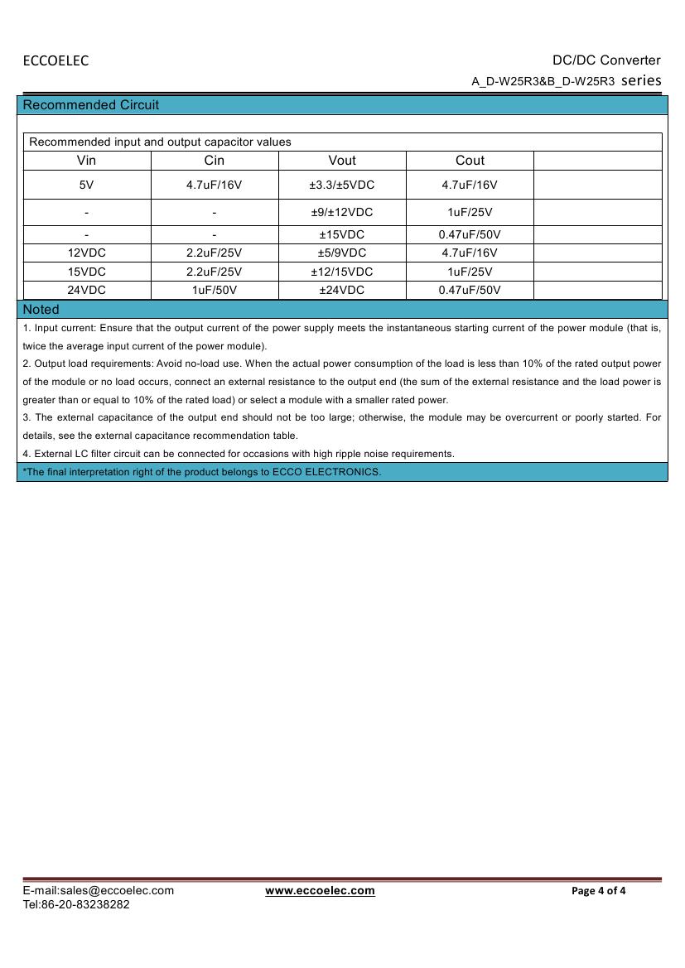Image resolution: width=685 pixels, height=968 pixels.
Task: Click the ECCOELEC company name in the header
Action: tap(55, 60)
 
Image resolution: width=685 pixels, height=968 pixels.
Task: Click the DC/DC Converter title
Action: tap(606, 60)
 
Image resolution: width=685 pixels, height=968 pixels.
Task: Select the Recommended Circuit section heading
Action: tap(91, 105)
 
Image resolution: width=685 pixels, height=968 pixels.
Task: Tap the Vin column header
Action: tap(86, 161)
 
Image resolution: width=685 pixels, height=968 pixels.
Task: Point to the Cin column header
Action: tap(214, 161)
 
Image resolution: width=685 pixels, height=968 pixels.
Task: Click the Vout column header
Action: tap(342, 161)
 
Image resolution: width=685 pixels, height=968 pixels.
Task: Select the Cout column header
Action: tap(470, 161)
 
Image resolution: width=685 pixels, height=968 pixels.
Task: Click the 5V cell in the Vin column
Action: tap(86, 185)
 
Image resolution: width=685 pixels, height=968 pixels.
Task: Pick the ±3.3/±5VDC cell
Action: tap(342, 185)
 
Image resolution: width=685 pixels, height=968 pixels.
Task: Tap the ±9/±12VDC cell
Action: tap(342, 212)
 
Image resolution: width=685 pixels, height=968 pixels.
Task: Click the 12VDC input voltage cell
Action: tap(86, 253)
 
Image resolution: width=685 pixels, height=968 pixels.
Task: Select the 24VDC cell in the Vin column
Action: tap(86, 290)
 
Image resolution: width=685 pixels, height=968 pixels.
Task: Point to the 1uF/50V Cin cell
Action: tap(214, 290)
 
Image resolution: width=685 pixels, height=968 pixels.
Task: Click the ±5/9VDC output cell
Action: tap(342, 253)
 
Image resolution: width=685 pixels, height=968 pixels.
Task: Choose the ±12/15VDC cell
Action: tap(342, 272)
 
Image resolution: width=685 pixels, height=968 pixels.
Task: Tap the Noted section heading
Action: tap(41, 310)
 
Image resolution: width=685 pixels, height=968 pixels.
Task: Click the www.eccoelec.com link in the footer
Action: tap(320, 891)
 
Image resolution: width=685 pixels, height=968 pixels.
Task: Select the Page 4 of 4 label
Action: tap(599, 891)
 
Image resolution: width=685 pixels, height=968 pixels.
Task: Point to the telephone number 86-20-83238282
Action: tap(85, 904)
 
